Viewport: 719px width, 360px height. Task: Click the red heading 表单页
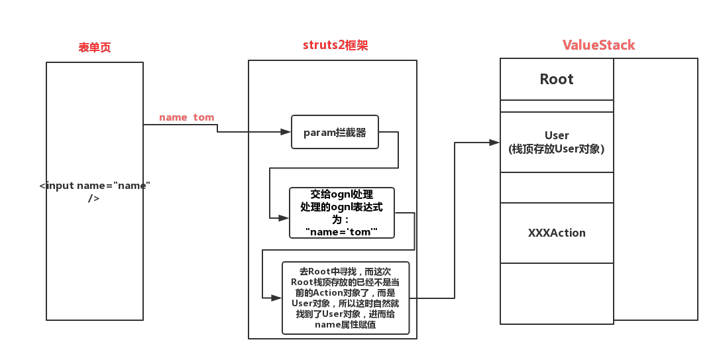(95, 48)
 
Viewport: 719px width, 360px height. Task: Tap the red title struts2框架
(335, 45)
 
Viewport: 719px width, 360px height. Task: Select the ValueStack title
(598, 45)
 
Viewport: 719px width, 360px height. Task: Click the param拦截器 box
(335, 132)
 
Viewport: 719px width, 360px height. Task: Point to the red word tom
(203, 117)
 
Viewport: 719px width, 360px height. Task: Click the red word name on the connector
(173, 117)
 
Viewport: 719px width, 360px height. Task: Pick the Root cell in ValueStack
(557, 80)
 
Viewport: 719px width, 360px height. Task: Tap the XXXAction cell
(557, 233)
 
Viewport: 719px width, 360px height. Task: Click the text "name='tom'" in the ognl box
(341, 231)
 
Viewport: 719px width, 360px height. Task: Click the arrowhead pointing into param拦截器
(286, 132)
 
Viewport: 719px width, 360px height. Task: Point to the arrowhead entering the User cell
(494, 142)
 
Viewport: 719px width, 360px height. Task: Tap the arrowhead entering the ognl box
(284, 217)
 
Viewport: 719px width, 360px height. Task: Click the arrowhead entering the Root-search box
(276, 297)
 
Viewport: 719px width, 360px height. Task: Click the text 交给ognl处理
(341, 195)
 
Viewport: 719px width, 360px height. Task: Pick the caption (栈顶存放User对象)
(557, 149)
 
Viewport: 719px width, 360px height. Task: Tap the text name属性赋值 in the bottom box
(345, 325)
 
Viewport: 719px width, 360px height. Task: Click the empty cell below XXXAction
(557, 293)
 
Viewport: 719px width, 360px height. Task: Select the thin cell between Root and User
(557, 106)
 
